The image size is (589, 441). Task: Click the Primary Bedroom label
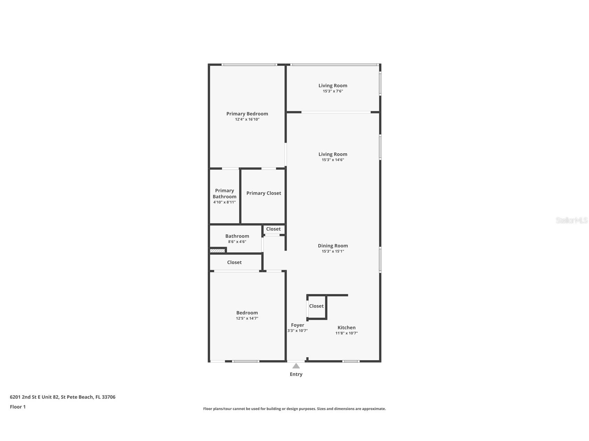pyautogui.click(x=247, y=114)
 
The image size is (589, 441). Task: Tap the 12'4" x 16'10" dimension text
pyautogui.click(x=247, y=119)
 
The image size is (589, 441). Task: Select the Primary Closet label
pyautogui.click(x=263, y=193)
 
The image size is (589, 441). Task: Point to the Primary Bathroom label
pyautogui.click(x=225, y=193)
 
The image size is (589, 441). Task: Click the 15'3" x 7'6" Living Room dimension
pyautogui.click(x=333, y=91)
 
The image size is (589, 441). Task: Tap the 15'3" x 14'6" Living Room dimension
pyautogui.click(x=333, y=160)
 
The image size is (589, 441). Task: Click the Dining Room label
pyautogui.click(x=333, y=245)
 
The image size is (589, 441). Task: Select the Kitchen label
pyautogui.click(x=346, y=327)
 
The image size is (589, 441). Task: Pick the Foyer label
pyautogui.click(x=297, y=325)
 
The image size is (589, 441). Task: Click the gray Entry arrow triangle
pyautogui.click(x=296, y=366)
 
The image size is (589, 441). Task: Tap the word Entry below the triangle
pyautogui.click(x=296, y=374)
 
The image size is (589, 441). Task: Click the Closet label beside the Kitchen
pyautogui.click(x=316, y=306)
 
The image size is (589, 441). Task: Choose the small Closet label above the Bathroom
pyautogui.click(x=273, y=229)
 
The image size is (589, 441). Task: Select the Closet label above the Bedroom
pyautogui.click(x=234, y=262)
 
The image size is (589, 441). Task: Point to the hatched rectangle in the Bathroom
pyautogui.click(x=217, y=250)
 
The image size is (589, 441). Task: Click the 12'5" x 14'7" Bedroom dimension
pyautogui.click(x=247, y=318)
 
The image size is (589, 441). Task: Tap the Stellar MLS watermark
pyautogui.click(x=571, y=220)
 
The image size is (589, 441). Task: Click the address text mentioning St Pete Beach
pyautogui.click(x=62, y=397)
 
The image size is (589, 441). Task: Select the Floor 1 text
pyautogui.click(x=18, y=407)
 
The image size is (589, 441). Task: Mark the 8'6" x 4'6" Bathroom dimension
pyautogui.click(x=237, y=242)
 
